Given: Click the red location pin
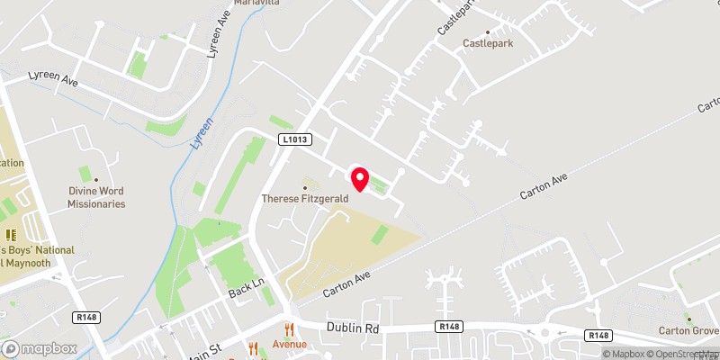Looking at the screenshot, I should click(x=360, y=180).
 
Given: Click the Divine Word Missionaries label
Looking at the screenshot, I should click(x=96, y=197).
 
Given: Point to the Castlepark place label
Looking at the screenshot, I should click(x=488, y=43).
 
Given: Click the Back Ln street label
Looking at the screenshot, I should click(x=244, y=289).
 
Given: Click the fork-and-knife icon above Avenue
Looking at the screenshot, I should click(x=290, y=329).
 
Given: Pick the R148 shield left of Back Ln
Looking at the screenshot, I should click(x=87, y=317).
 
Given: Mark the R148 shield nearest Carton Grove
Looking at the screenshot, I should click(x=598, y=335).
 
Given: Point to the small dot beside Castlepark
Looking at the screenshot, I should click(x=488, y=31).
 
